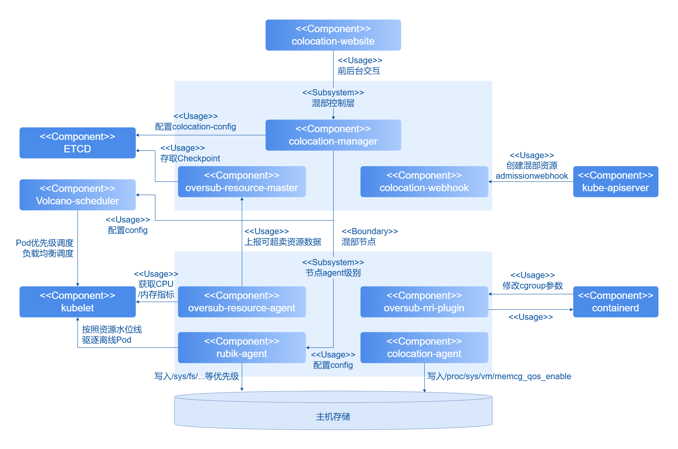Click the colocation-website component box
(x=333, y=35)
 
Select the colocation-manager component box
(x=333, y=135)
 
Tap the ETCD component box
(x=77, y=143)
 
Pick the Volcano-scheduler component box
(x=77, y=195)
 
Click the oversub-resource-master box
(x=242, y=181)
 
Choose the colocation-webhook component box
(x=424, y=181)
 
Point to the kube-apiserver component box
(x=616, y=181)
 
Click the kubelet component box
(x=77, y=302)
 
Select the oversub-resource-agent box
(x=242, y=302)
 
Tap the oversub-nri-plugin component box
(x=424, y=302)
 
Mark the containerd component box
(x=616, y=302)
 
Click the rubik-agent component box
(x=242, y=347)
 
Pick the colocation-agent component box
(x=424, y=347)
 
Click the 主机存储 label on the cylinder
(x=333, y=416)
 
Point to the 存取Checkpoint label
(x=190, y=158)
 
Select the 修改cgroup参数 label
(x=533, y=285)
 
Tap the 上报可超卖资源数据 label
(x=283, y=242)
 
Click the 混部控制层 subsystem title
(x=333, y=103)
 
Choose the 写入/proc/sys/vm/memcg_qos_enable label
(x=499, y=376)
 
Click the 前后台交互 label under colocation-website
(x=359, y=71)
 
